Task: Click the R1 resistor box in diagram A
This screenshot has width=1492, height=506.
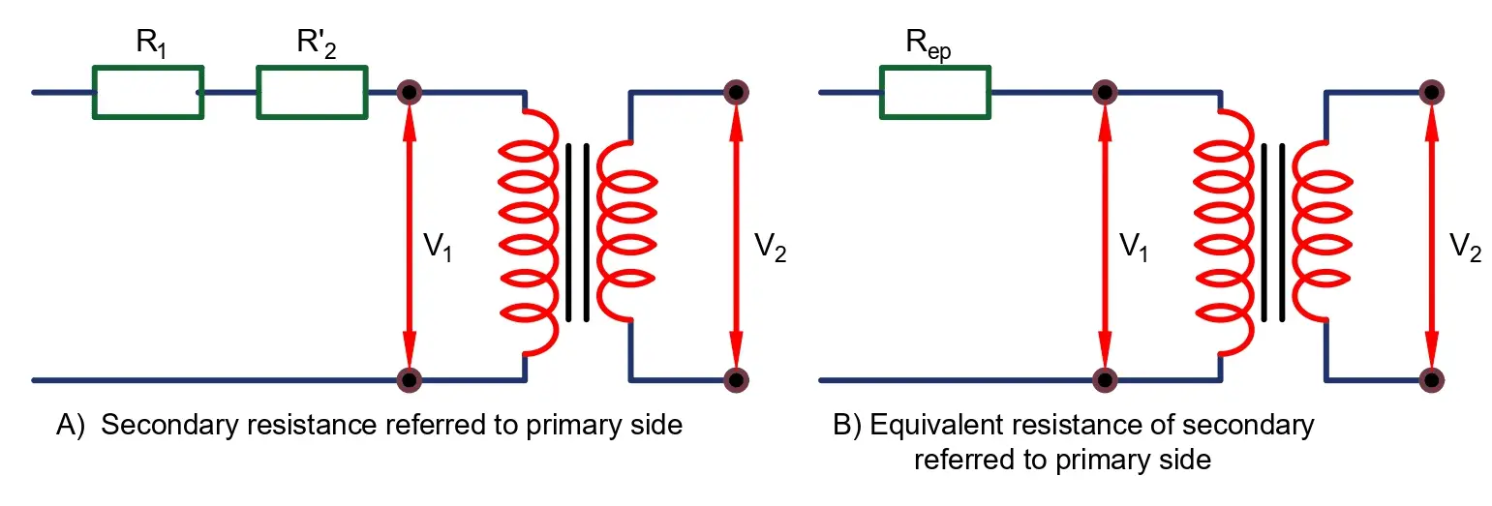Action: [147, 92]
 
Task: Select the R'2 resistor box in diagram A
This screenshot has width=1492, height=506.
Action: [312, 92]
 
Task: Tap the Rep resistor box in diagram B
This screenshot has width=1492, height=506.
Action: [934, 92]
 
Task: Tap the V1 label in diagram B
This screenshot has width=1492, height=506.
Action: [1134, 248]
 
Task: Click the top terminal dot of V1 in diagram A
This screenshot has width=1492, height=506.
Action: [410, 93]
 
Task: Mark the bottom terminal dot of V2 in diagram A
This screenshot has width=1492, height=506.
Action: [737, 378]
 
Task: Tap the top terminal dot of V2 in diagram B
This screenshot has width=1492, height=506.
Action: [1432, 93]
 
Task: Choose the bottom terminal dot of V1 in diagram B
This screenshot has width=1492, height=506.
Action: [1105, 378]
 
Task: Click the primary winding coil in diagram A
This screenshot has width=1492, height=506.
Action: [529, 232]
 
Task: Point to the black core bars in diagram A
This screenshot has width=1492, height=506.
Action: [577, 232]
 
